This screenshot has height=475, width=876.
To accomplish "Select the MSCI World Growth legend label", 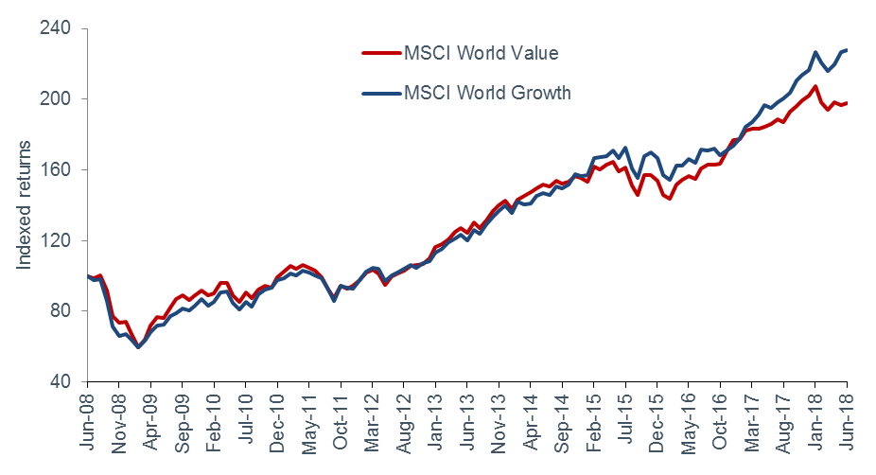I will (x=486, y=93).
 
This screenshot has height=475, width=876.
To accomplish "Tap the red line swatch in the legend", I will (x=381, y=53).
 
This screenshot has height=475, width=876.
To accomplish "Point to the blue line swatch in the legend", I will (x=381, y=93).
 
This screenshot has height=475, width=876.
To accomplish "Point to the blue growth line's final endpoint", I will (x=846, y=50).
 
